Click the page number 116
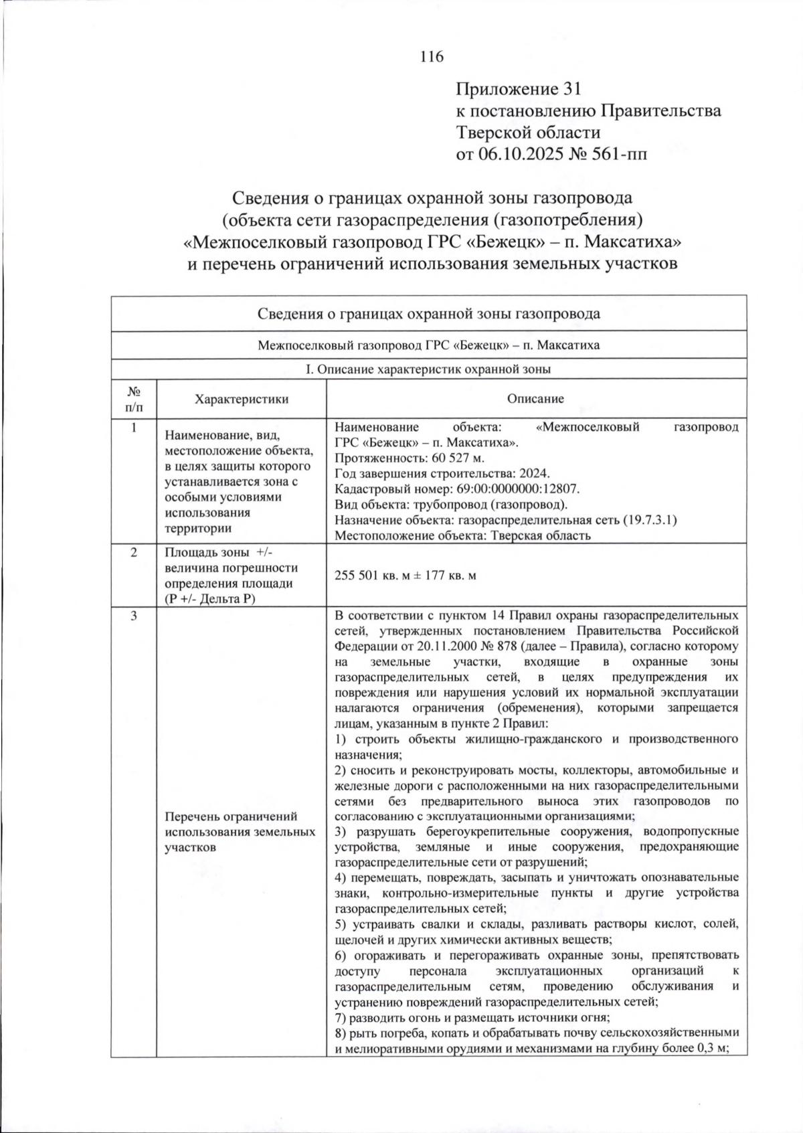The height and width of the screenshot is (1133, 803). click(432, 57)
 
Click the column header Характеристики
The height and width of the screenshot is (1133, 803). click(241, 399)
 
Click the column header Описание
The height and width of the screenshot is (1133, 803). click(535, 399)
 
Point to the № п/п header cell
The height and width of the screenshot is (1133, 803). click(133, 399)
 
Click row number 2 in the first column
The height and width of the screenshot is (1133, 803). click(133, 552)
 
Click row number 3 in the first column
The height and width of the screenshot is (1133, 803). click(133, 616)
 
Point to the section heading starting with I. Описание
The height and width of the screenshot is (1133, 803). click(428, 369)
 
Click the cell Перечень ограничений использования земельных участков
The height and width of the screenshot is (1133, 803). click(240, 832)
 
